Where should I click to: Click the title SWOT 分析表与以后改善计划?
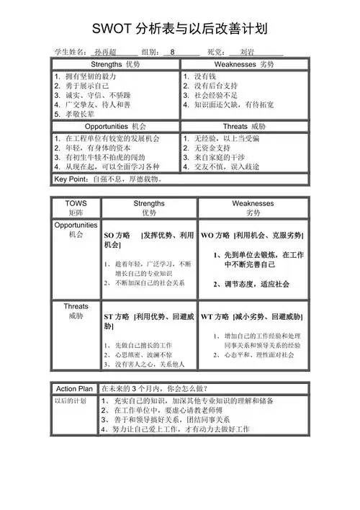coord(180,29)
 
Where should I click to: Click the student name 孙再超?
coord(108,53)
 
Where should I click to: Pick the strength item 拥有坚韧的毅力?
coord(90,76)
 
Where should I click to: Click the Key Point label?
coord(69,179)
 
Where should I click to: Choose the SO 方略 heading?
coord(117,236)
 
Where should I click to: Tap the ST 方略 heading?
coord(117,317)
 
